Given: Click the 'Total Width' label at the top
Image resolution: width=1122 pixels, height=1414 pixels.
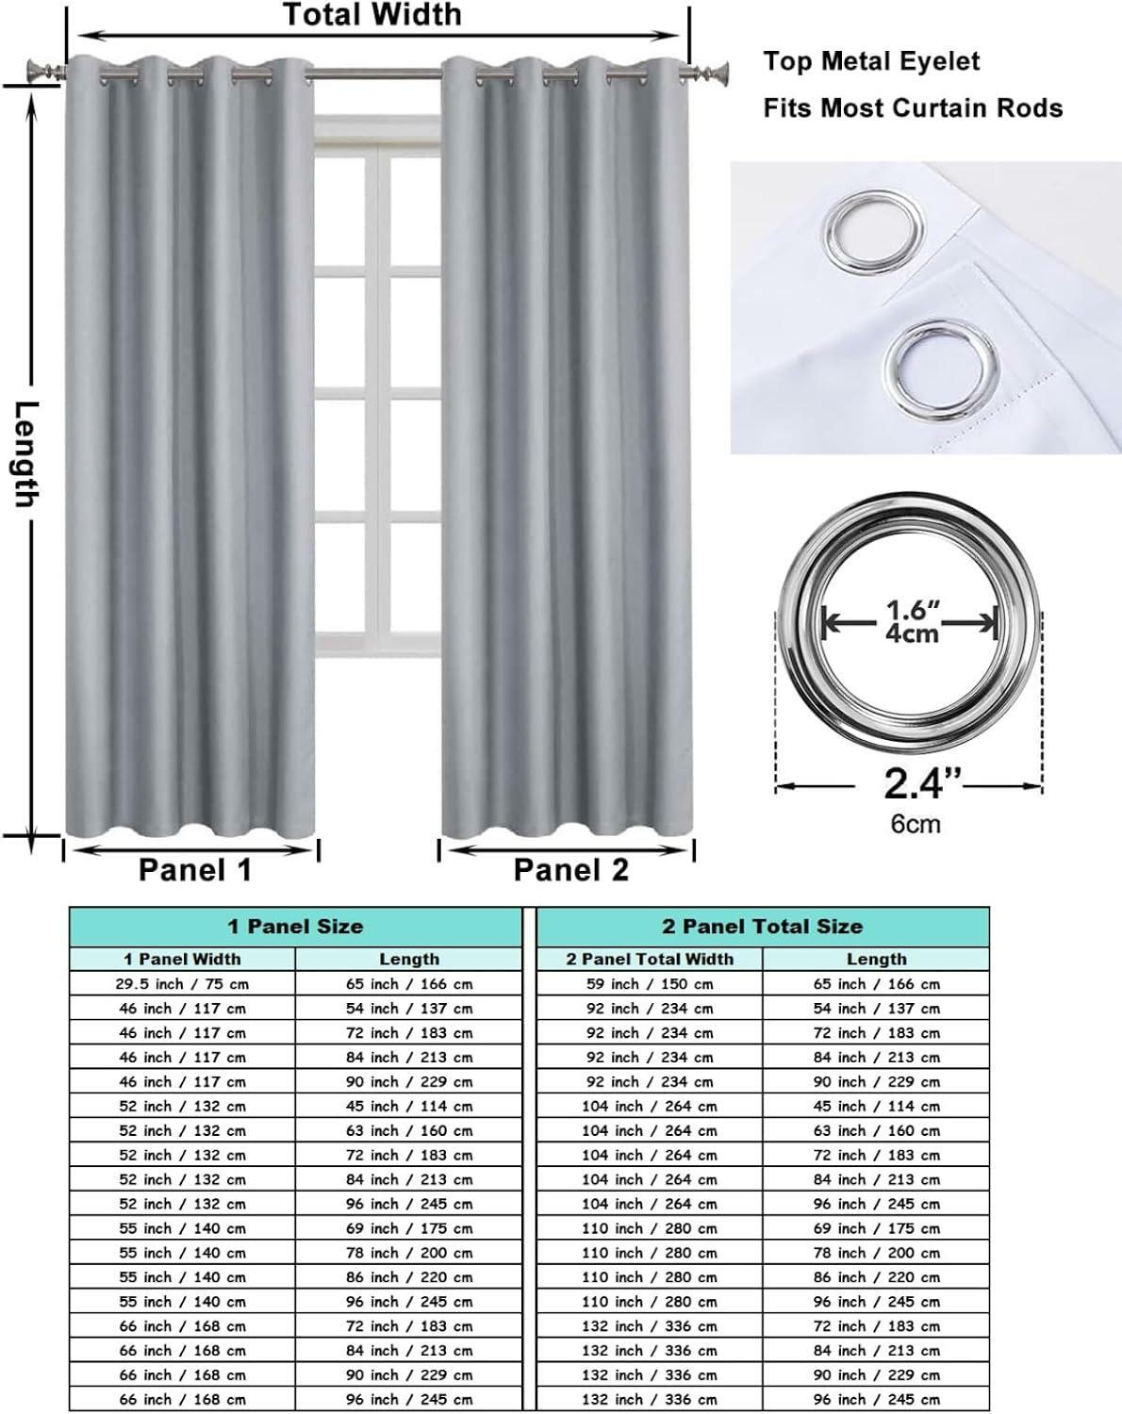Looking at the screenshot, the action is tap(372, 15).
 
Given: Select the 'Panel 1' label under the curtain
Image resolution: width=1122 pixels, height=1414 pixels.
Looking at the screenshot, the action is tap(195, 870).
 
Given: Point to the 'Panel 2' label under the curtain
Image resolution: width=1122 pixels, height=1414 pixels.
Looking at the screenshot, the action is tap(570, 870).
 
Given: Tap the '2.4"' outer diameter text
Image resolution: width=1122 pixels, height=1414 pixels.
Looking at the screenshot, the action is tap(922, 784).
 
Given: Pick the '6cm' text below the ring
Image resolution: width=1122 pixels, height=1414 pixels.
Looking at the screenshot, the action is tap(916, 824).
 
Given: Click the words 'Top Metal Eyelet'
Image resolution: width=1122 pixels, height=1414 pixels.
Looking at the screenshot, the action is tap(871, 62).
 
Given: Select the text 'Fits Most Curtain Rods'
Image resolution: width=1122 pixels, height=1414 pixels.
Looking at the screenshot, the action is tap(913, 107).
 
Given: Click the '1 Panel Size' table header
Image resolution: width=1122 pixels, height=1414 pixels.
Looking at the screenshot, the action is tap(295, 927).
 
